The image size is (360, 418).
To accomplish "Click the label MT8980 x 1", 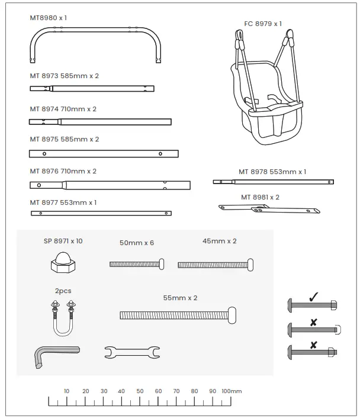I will (49, 18).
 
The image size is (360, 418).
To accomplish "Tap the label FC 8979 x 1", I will (263, 24).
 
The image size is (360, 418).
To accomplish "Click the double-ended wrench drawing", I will (131, 353).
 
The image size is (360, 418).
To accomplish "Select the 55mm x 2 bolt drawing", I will (178, 315).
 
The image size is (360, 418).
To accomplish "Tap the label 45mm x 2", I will (219, 241).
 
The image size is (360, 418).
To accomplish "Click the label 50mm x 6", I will (137, 243).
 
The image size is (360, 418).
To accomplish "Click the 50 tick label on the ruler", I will (140, 391).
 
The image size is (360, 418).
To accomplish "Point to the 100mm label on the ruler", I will (232, 391).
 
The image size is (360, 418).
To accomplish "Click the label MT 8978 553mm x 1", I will (272, 172).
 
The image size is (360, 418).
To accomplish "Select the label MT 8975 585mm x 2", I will (64, 139).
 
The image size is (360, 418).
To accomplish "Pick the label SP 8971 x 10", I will (63, 241).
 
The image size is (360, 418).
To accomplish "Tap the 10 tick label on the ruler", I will (66, 391).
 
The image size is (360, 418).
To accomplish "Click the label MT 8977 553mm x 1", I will (63, 202).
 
